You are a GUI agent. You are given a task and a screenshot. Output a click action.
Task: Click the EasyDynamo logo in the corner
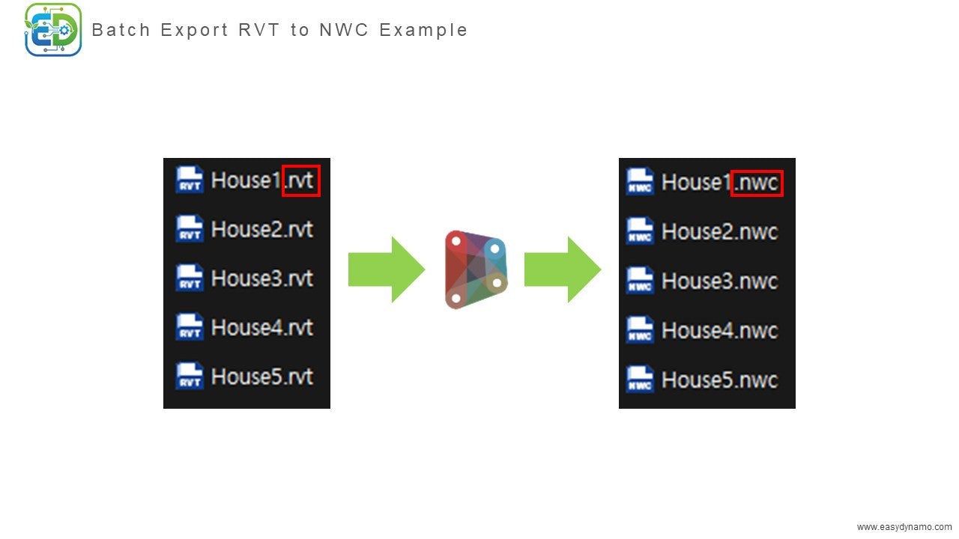pos(53,30)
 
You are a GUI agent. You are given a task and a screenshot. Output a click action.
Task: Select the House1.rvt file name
pos(261,180)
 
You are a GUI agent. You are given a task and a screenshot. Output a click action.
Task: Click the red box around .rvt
pos(301,180)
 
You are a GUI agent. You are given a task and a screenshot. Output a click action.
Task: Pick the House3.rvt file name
pos(261,278)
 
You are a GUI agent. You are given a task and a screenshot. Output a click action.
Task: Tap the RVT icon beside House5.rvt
pos(190,376)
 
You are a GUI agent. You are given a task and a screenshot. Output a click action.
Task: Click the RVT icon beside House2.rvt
pos(190,229)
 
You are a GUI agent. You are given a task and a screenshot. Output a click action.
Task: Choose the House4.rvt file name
pos(261,327)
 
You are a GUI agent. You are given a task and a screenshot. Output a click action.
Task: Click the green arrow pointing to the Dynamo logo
pos(386,269)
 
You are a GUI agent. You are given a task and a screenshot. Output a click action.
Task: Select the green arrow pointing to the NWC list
pos(562,269)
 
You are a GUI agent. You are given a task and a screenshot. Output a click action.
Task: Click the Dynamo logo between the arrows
pos(476,269)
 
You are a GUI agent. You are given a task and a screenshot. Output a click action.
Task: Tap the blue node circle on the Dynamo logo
pos(494,249)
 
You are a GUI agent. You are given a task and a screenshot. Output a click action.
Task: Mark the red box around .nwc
pos(757,183)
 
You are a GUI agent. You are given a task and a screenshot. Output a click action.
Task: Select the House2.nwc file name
pos(719,232)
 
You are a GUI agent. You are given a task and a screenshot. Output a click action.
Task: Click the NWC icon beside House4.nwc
pos(640,330)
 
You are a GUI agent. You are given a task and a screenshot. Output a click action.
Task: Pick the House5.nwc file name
pos(719,380)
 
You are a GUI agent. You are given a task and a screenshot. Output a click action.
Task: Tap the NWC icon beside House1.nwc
pos(640,183)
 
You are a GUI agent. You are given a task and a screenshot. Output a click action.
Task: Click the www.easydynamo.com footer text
pos(904,527)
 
